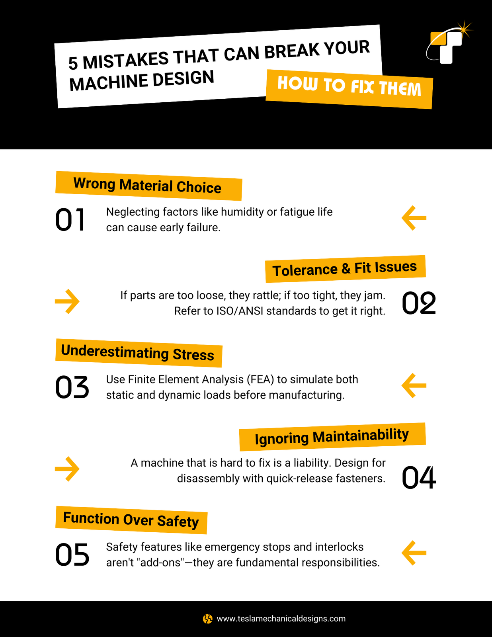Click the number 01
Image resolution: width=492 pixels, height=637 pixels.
70,219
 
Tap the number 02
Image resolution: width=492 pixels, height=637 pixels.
419,303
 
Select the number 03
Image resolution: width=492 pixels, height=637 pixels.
72,387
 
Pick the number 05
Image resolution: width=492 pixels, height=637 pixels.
72,555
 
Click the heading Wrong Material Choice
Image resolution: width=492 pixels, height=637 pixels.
147,186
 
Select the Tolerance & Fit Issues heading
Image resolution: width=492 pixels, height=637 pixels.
345,268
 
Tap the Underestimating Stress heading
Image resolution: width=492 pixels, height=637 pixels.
137,353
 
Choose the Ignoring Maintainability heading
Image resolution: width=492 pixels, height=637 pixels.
332,436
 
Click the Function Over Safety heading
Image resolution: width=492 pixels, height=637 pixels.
131,520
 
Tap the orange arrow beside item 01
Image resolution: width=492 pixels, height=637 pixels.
414,218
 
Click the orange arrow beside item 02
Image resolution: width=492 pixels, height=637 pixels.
67,301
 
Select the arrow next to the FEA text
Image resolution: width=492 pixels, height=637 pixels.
414,385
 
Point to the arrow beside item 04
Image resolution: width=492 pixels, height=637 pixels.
67,469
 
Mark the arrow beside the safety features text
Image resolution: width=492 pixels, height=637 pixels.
414,553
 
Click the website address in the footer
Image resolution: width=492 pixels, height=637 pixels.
281,619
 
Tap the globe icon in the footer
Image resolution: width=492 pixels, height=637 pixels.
208,619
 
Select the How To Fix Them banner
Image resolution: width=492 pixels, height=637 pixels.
349,89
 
